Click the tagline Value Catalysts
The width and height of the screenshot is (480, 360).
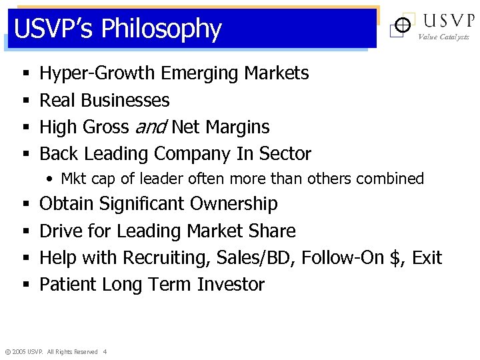pos(443,37)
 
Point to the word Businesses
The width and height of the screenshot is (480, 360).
pos(125,101)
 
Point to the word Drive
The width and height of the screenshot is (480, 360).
pos(59,231)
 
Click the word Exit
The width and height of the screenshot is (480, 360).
pos(427,258)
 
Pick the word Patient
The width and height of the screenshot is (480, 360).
pos(68,285)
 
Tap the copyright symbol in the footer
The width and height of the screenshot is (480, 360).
pos(7,352)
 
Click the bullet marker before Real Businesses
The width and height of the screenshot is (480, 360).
pos(25,101)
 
